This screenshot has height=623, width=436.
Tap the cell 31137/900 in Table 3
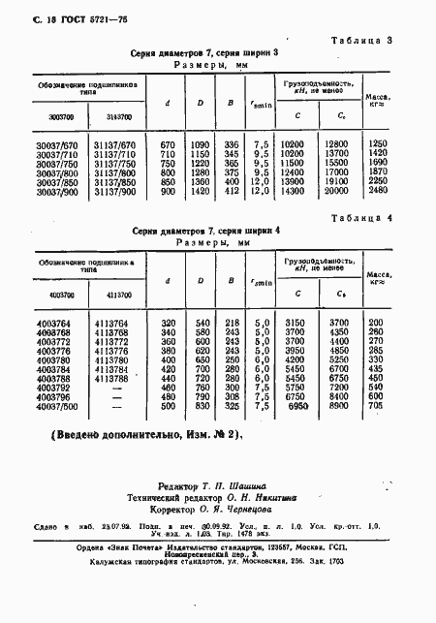tap(115, 191)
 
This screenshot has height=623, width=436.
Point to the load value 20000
tap(337, 191)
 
